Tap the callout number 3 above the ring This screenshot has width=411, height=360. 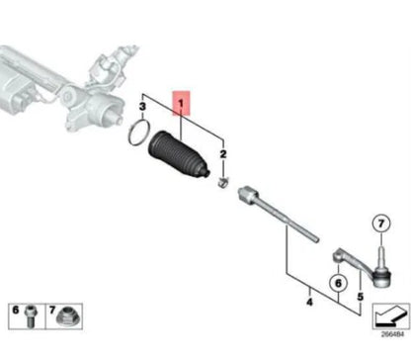[x=142, y=106]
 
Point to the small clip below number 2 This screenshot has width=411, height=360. [x=223, y=180]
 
